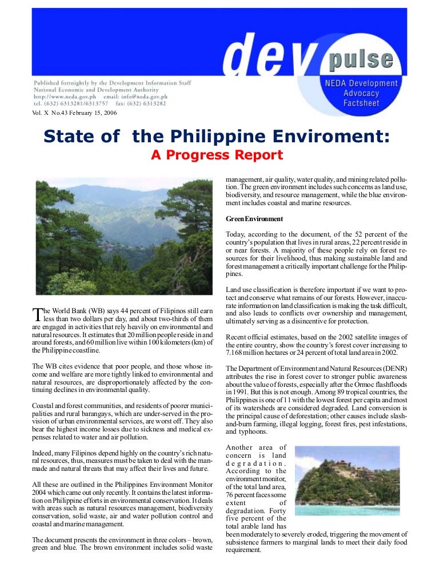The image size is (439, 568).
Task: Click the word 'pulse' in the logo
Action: click(360, 58)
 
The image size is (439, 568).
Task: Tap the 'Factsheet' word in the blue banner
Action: click(360, 103)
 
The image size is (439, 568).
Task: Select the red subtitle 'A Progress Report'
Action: click(217, 155)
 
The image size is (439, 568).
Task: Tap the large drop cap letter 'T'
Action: click(37, 314)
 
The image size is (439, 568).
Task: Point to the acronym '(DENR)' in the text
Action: click(394, 369)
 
